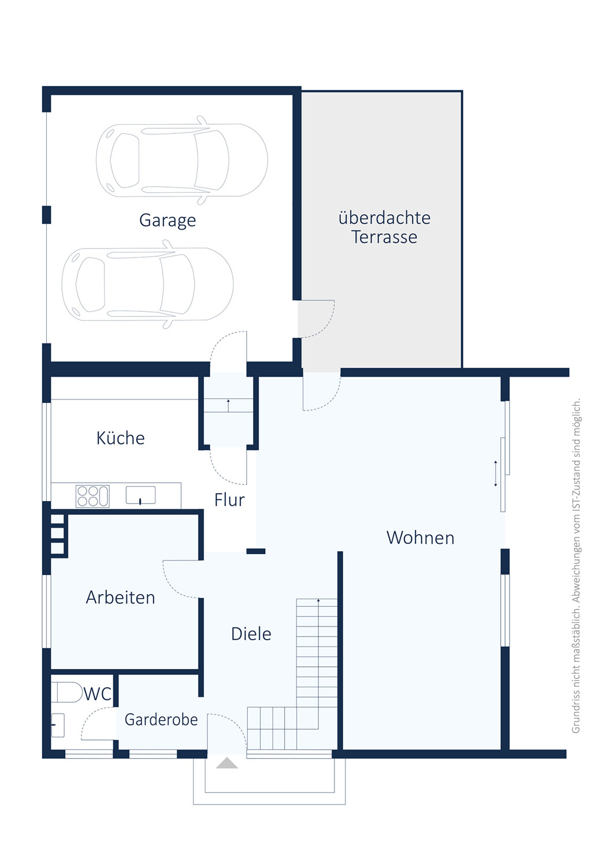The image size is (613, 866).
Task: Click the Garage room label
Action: (168, 221)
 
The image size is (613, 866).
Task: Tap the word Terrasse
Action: (384, 237)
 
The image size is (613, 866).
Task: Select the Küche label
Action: (120, 438)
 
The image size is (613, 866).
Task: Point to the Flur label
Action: (229, 500)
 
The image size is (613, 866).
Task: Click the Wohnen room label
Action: (420, 537)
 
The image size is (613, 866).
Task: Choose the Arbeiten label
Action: (120, 598)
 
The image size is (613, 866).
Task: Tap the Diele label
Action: (251, 634)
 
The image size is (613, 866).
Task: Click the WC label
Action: (98, 694)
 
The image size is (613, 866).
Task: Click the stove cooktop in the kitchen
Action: (92, 496)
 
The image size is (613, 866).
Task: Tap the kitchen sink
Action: (140, 495)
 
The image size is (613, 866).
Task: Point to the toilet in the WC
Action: (66, 692)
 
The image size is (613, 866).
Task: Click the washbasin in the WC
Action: (58, 725)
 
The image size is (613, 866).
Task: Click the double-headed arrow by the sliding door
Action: (495, 473)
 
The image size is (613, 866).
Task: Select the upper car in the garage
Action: (182, 160)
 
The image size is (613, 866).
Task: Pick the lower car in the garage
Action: (147, 284)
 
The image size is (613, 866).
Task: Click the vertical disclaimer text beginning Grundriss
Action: (576, 566)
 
